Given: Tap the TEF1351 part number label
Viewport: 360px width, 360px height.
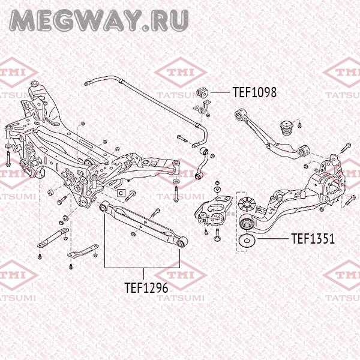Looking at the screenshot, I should (313, 239).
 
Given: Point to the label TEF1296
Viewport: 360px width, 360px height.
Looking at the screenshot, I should (146, 287).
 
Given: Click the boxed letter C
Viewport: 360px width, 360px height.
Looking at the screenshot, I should (120, 193).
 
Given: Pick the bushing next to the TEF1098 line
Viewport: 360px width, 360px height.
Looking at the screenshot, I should (202, 92).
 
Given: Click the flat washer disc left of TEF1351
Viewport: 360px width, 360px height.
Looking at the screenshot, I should (246, 242).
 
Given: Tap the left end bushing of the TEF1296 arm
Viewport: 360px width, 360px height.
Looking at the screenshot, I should (104, 207).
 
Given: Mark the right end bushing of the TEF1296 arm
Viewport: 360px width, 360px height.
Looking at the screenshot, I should (181, 243).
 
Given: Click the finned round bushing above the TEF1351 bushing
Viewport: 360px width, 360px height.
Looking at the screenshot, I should (245, 202).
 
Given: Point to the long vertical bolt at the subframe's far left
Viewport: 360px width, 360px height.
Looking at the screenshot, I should (5, 157).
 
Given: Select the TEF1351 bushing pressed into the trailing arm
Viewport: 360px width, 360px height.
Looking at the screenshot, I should (245, 223).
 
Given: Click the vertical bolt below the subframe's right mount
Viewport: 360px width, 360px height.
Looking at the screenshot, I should (175, 191).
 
